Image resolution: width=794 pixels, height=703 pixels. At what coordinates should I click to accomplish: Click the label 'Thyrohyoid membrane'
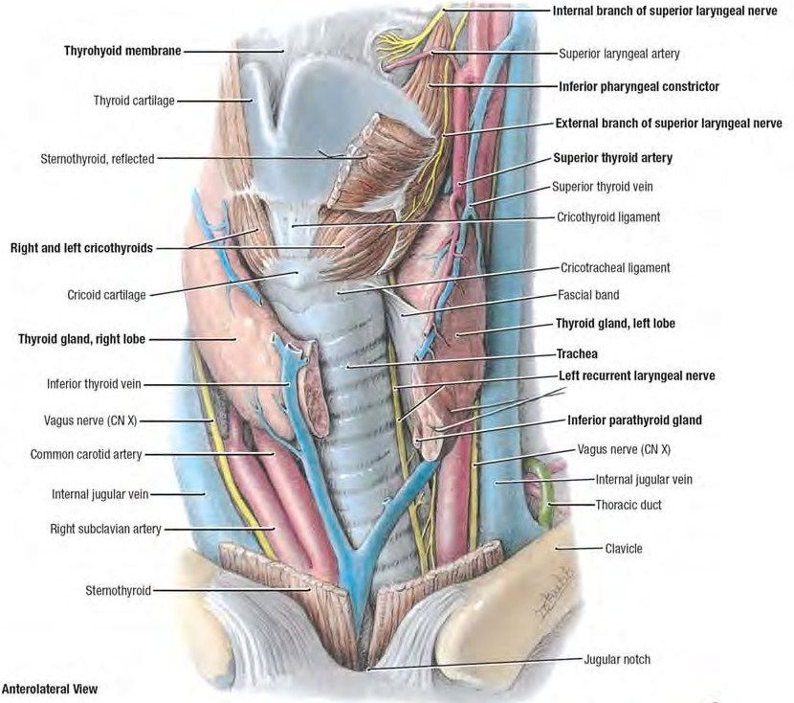coord(123,49)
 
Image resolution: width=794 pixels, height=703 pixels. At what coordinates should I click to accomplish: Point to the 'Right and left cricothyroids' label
coord(81,247)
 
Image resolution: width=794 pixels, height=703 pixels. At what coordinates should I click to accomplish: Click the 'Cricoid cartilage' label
coord(106,295)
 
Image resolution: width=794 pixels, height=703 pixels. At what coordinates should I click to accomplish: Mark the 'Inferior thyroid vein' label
coord(94,385)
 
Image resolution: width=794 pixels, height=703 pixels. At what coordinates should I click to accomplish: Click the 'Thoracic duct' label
coord(628,504)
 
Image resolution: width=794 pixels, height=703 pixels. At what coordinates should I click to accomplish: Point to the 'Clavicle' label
coord(624,549)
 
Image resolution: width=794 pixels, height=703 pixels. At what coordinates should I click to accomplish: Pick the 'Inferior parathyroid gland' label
coord(634,420)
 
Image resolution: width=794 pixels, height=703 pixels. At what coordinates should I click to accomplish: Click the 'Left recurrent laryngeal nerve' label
coord(636,375)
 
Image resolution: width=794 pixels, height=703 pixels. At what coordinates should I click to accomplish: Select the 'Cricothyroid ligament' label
coord(608,217)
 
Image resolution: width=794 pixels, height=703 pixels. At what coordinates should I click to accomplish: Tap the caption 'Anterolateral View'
coord(50,688)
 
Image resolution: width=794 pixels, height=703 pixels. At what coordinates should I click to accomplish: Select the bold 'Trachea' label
coord(577,353)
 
